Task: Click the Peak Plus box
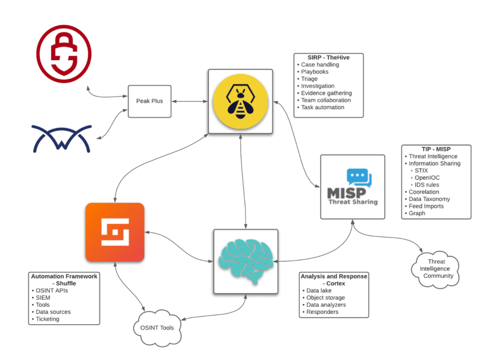pos(150,101)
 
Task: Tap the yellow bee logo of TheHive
pos(241,101)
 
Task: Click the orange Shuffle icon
pos(114,232)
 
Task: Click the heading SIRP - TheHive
pos(328,57)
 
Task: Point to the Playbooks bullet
pos(314,72)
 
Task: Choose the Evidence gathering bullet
pos(326,93)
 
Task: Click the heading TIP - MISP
pos(436,149)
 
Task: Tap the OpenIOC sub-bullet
pos(427,178)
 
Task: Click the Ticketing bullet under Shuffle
pos(48,319)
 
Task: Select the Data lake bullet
pos(319,291)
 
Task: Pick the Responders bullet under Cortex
pos(322,312)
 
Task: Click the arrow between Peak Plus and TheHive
pos(190,101)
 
